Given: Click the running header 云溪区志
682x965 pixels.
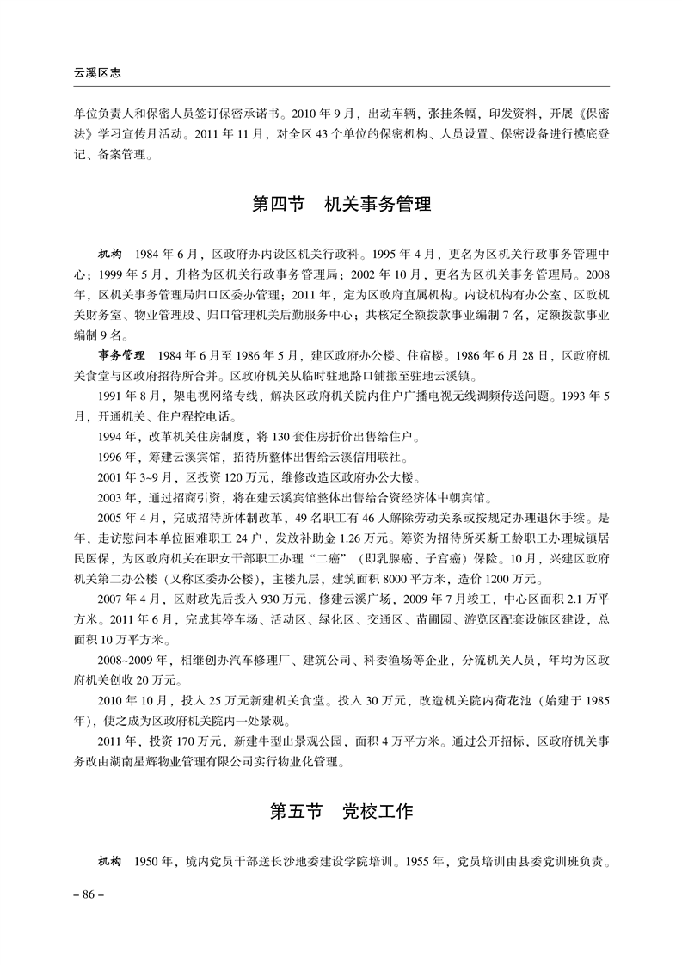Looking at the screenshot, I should click(x=96, y=74).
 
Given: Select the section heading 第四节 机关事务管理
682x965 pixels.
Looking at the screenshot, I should click(x=341, y=206).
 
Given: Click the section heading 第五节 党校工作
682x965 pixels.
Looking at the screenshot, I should click(x=341, y=811).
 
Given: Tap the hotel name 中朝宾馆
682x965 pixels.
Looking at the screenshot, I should click(x=461, y=499).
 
